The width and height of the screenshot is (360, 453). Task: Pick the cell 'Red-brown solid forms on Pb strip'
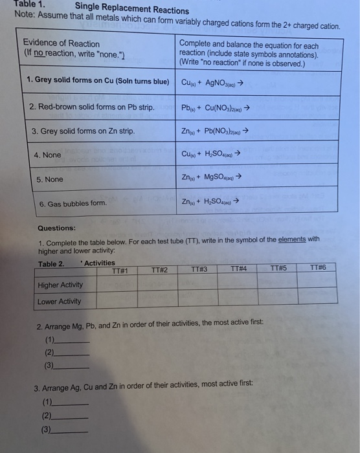[91, 106]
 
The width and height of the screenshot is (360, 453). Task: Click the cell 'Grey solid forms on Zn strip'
[83, 131]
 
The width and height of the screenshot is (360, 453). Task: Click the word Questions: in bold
[56, 228]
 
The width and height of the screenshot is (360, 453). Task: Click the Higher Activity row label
[60, 285]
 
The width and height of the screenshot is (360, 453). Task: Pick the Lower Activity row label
[59, 301]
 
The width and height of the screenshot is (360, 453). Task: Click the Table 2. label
[51, 263]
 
